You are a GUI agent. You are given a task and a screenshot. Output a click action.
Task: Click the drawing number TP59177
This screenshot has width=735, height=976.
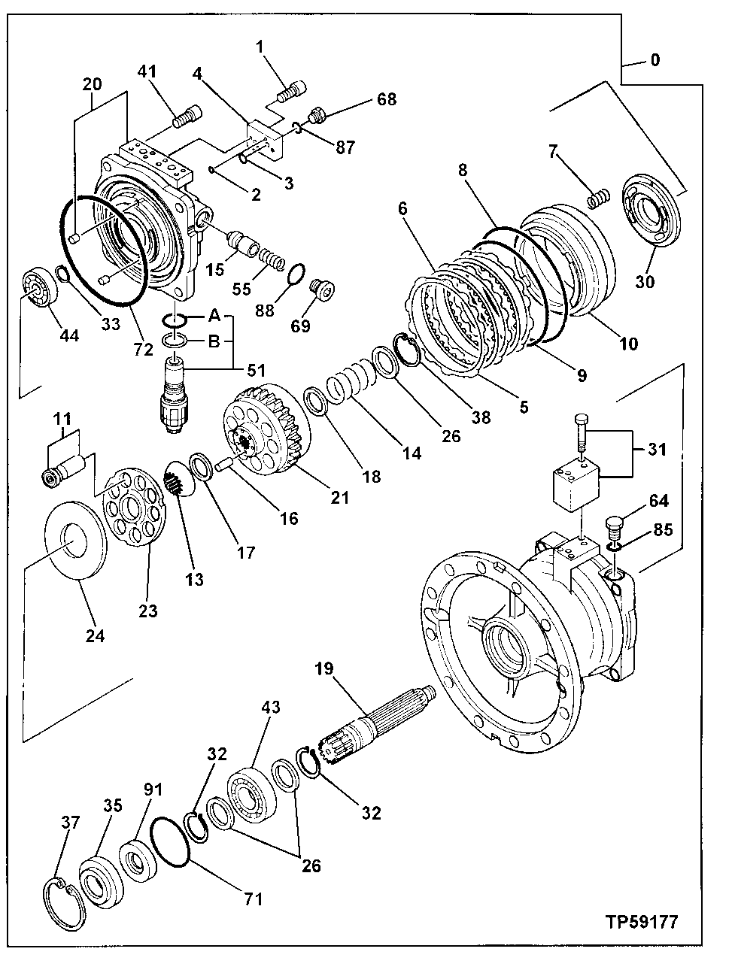[641, 921]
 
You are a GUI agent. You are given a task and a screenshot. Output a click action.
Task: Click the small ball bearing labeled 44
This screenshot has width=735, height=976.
[34, 286]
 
